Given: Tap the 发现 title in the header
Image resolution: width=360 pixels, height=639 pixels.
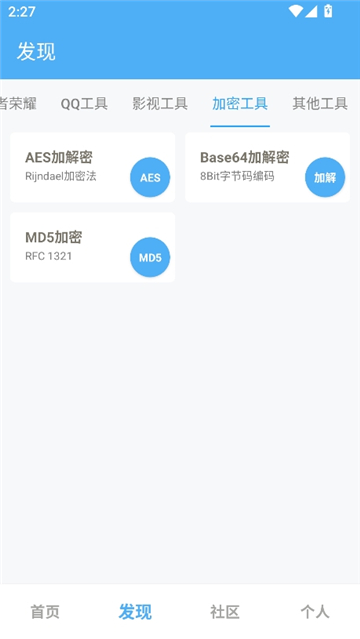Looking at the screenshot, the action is coord(37,52).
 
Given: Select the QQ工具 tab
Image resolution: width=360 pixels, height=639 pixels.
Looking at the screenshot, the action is coord(84,103).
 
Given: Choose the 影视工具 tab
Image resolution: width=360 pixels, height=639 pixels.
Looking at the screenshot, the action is coord(160,103).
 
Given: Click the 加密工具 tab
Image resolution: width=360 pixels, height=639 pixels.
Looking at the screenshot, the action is coord(240,103).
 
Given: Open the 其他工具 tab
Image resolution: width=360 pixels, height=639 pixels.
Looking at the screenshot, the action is coord(320,103).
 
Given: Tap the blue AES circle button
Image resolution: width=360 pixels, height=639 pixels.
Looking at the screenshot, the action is coord(150,178).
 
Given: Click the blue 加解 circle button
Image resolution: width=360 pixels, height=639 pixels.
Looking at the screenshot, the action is coord(325,178).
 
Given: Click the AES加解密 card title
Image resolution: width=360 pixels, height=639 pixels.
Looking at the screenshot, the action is coord(59,157).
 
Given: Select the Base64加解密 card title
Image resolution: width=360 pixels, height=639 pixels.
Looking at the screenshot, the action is coord(244,157).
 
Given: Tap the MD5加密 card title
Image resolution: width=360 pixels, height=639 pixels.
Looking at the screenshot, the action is coord(53,237).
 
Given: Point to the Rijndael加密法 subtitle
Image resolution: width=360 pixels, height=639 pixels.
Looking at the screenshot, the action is coord(61,176).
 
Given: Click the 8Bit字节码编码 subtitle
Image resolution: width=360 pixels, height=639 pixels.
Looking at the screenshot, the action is coord(237,176).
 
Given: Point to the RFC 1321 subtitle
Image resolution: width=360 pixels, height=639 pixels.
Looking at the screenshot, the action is coord(48,256).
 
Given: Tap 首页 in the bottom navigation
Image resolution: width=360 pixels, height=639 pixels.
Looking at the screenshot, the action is coord(45,612).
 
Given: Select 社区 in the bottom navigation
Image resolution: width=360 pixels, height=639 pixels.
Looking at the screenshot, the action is coord(225,612).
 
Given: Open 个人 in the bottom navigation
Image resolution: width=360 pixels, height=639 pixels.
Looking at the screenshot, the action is coord(315,612).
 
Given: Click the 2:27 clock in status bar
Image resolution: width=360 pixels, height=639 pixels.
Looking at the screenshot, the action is coord(22,12).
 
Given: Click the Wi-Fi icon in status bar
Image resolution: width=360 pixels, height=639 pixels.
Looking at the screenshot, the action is coord(295,12).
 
